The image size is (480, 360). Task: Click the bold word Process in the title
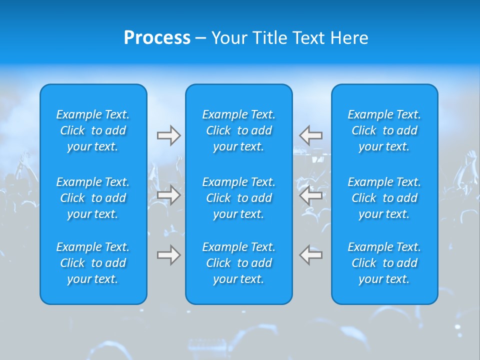(157, 38)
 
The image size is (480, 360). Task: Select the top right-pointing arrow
(168, 135)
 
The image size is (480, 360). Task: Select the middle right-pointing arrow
(168, 195)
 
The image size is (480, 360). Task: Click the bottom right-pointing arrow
(168, 255)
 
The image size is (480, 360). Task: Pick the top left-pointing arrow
(311, 135)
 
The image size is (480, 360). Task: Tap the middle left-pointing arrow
(311, 195)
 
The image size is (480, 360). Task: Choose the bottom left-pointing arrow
(311, 255)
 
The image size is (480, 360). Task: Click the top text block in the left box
(93, 130)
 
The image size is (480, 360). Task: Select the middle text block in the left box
(93, 198)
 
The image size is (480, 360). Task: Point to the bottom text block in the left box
(93, 263)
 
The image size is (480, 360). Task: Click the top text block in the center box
(238, 130)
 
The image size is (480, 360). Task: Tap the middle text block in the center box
(238, 198)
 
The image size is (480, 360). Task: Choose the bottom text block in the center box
(238, 263)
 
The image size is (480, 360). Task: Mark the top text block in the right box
(384, 130)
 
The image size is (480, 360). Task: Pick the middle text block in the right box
(384, 198)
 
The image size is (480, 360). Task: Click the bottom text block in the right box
(384, 263)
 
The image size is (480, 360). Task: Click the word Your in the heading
(228, 38)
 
